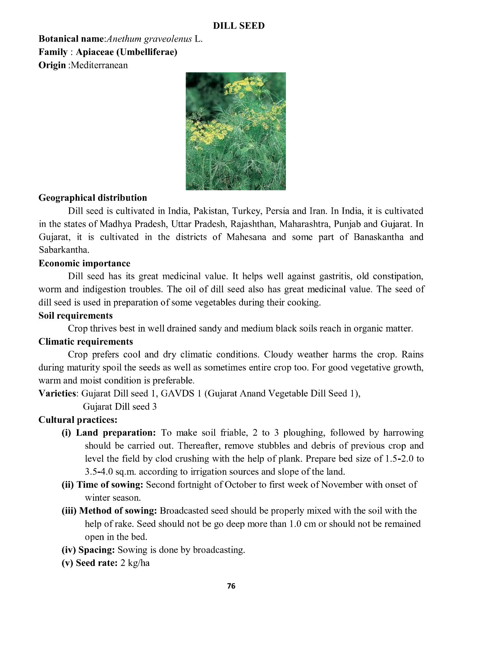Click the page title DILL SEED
tap(239, 26)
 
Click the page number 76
tap(231, 586)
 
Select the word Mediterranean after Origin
tap(99, 65)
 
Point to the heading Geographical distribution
tap(93, 198)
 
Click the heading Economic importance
tap(84, 263)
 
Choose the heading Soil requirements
tap(76, 315)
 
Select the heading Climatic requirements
tap(86, 341)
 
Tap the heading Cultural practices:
tap(78, 420)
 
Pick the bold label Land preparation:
tap(116, 433)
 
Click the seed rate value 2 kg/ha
tap(135, 563)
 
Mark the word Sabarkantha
tap(64, 250)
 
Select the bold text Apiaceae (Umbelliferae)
tap(126, 52)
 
